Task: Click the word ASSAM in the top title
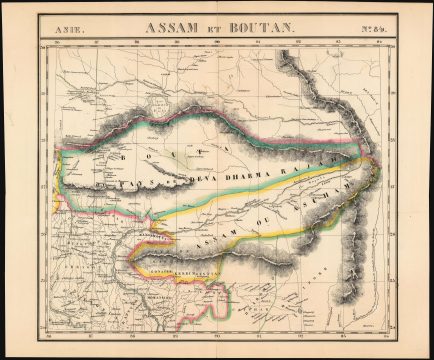pos(173,29)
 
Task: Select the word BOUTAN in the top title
pos(263,29)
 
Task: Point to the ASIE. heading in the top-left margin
pos(61,31)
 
